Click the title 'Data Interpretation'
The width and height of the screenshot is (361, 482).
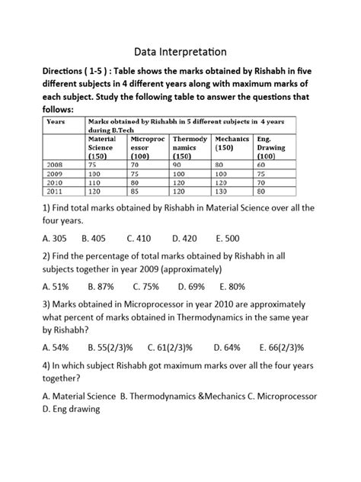coord(180,52)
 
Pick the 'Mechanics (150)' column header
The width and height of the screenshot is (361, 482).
coord(232,143)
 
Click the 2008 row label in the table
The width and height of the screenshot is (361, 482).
coord(55,164)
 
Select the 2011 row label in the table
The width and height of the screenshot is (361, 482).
coord(55,193)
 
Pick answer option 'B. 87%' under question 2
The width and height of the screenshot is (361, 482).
coord(101,288)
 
